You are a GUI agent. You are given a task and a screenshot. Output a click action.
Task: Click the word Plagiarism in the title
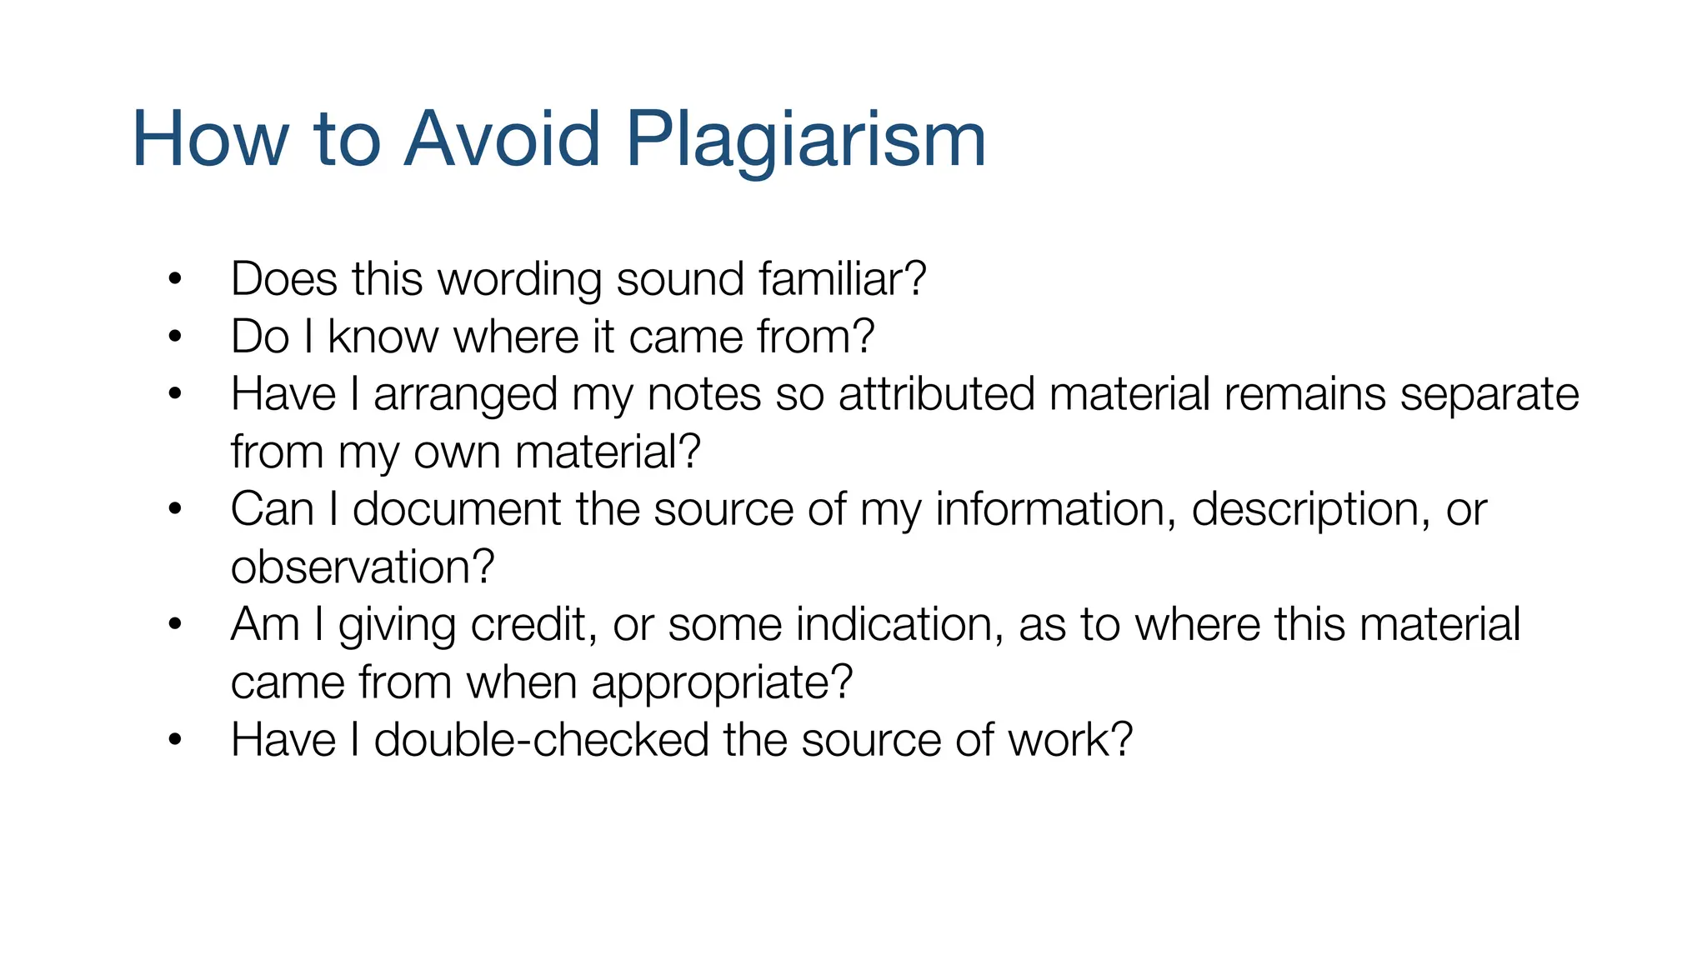tap(805, 140)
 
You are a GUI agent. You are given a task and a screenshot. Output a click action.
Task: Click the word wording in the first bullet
tap(519, 280)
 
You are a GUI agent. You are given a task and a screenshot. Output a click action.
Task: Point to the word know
tap(383, 337)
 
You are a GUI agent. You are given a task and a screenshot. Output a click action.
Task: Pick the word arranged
tap(465, 395)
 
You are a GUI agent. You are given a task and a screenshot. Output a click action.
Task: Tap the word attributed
tap(937, 393)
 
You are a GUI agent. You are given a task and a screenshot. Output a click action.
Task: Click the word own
tap(457, 452)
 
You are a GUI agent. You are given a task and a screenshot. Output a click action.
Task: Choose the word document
tap(457, 509)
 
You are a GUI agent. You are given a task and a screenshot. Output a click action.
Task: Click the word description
tap(1304, 510)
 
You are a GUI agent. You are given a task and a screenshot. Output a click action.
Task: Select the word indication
tap(894, 624)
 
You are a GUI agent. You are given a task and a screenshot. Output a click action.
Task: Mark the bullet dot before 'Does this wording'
tap(174, 278)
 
